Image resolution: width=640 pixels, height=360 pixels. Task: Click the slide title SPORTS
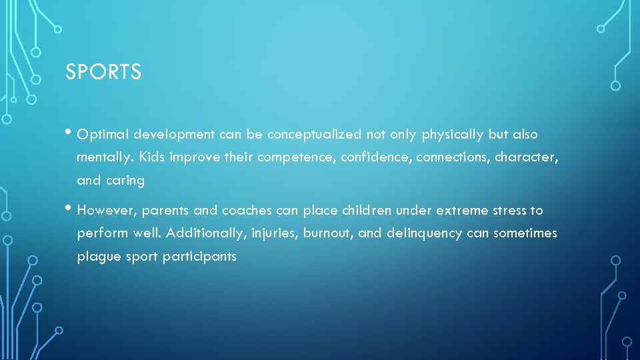click(103, 72)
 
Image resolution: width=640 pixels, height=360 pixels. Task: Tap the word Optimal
click(103, 135)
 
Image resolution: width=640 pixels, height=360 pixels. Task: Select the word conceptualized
click(315, 135)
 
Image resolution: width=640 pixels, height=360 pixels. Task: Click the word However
click(106, 211)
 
